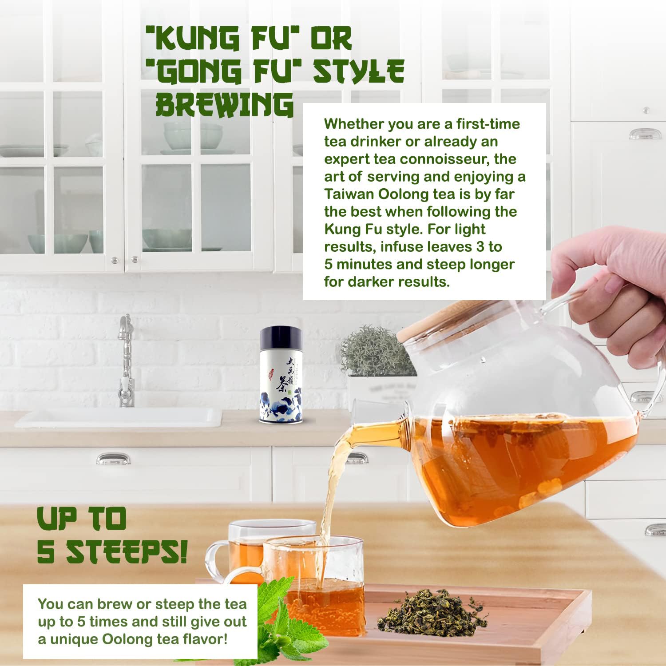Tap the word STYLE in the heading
coord(358,71)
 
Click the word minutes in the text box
coord(365,264)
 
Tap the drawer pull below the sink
coord(113,459)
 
